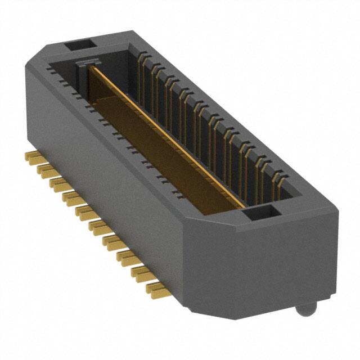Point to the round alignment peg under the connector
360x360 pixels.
pos(304,309)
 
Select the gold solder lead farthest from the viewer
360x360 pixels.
pos(31,155)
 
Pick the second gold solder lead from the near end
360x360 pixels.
pos(144,274)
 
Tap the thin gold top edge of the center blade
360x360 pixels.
pos(169,135)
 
